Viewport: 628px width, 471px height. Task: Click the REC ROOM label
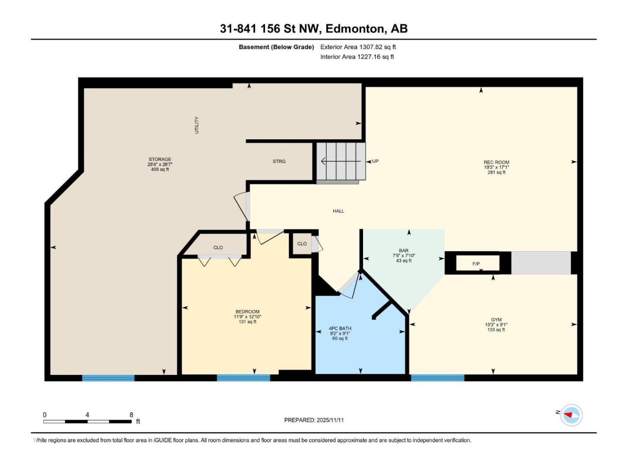point(496,162)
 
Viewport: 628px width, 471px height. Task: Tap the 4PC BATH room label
point(340,328)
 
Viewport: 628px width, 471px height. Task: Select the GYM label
point(496,319)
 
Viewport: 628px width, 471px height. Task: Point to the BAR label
point(403,251)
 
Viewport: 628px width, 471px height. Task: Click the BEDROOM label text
point(247,312)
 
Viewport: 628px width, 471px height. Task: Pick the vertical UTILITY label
point(197,125)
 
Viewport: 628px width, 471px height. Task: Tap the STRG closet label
point(279,161)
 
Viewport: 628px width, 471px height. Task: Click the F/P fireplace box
point(477,263)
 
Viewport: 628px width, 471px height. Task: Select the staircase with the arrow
point(341,161)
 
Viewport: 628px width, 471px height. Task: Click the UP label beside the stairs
point(375,161)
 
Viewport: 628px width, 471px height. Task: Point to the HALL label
point(338,211)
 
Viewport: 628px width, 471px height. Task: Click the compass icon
point(572,415)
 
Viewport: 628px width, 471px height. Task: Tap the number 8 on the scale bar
point(131,415)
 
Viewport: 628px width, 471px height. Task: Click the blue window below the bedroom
point(243,378)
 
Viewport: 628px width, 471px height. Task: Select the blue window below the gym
point(438,378)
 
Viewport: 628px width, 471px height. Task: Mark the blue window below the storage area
point(108,378)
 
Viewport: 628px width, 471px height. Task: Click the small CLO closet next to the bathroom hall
point(302,244)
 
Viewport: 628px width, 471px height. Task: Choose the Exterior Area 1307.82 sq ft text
point(358,47)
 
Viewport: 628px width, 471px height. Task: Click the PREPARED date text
point(314,420)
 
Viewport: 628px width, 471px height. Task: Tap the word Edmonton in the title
point(355,28)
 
